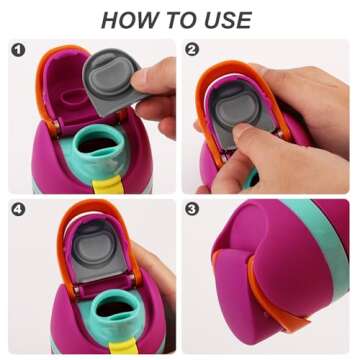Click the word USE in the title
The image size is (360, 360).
pyautogui.click(x=228, y=20)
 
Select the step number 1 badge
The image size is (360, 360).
pyautogui.click(x=18, y=50)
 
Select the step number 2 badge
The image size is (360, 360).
pyautogui.click(x=193, y=50)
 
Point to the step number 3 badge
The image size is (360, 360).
pyautogui.click(x=193, y=209)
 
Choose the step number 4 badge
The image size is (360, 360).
pyautogui.click(x=18, y=209)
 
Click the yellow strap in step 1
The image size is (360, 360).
pyautogui.click(x=107, y=184)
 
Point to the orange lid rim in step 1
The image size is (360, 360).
pyautogui.click(x=41, y=83)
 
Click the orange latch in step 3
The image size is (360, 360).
pyautogui.click(x=267, y=300)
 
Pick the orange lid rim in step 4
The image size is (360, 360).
pyautogui.click(x=63, y=247)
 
